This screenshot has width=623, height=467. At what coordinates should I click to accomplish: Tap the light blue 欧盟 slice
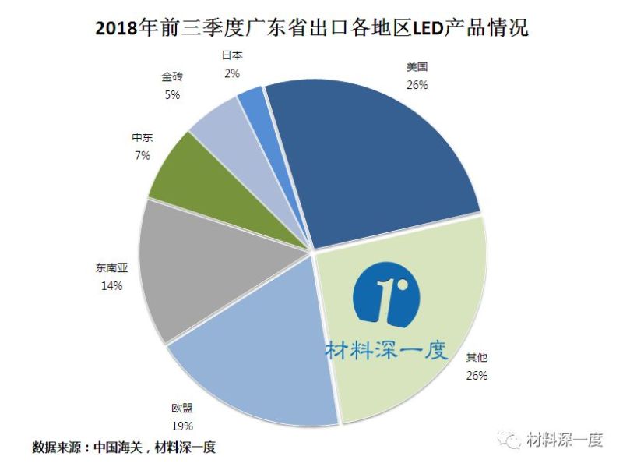(257, 366)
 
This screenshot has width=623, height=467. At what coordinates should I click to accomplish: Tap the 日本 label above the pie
(232, 57)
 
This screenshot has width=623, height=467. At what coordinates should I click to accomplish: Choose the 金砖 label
(171, 78)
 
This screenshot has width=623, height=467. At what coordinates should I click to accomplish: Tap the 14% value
(111, 287)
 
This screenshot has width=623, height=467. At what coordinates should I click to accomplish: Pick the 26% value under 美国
(417, 85)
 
